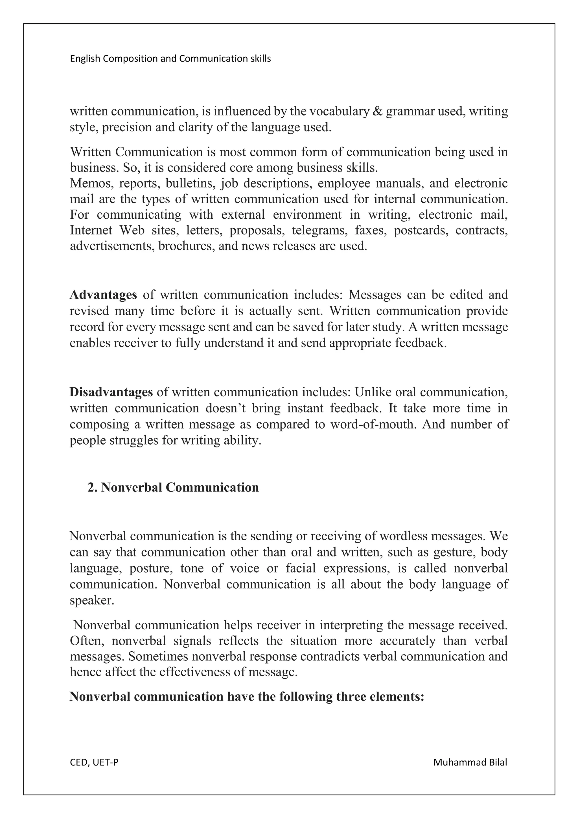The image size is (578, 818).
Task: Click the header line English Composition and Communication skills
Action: tap(170, 59)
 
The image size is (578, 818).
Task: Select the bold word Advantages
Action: tap(103, 295)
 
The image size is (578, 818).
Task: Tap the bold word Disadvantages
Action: tap(111, 392)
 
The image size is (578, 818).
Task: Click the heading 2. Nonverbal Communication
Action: tap(173, 487)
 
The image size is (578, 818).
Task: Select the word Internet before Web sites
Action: tap(91, 230)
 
